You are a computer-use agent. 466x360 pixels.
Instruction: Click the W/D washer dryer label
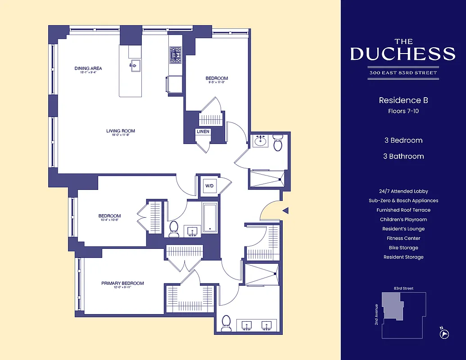click(209, 185)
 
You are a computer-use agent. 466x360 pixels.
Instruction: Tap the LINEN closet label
click(203, 132)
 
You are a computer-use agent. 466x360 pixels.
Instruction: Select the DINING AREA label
click(88, 68)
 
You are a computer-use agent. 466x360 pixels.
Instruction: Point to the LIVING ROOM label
click(121, 131)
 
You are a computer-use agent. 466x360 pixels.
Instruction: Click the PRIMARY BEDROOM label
click(122, 283)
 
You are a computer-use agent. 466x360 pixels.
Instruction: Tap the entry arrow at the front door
click(285, 210)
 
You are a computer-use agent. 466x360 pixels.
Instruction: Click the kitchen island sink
click(134, 65)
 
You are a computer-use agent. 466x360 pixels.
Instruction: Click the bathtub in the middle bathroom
click(210, 218)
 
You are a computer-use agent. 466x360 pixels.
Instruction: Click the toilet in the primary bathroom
click(226, 324)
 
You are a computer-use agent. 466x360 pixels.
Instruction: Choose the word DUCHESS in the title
click(403, 54)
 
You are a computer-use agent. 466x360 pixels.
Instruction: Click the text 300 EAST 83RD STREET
click(403, 72)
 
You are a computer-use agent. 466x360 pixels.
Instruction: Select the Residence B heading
click(403, 100)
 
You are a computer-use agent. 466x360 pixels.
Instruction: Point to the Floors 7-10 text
click(403, 111)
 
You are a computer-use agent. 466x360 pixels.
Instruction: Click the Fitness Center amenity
click(403, 238)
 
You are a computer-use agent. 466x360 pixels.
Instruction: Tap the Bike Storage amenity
click(403, 247)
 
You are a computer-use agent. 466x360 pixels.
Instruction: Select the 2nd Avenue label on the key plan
click(376, 315)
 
